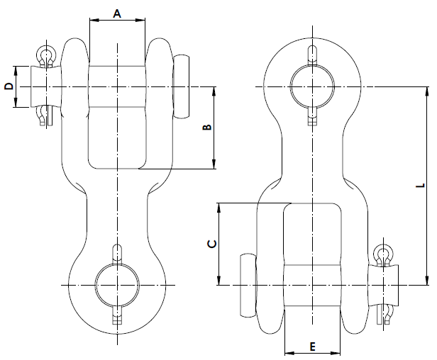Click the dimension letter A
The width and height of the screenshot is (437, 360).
click(x=118, y=13)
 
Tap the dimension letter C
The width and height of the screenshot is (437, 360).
click(x=211, y=244)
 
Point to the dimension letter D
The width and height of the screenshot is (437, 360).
click(x=9, y=86)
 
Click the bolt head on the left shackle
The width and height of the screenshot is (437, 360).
click(x=183, y=86)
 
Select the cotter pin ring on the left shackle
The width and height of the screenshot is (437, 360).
click(x=46, y=55)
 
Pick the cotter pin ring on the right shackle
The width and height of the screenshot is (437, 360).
click(x=384, y=253)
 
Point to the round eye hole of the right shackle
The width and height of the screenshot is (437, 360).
click(x=312, y=86)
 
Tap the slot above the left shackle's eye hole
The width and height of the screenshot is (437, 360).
click(x=117, y=253)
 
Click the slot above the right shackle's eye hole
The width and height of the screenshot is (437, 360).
click(x=312, y=55)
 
